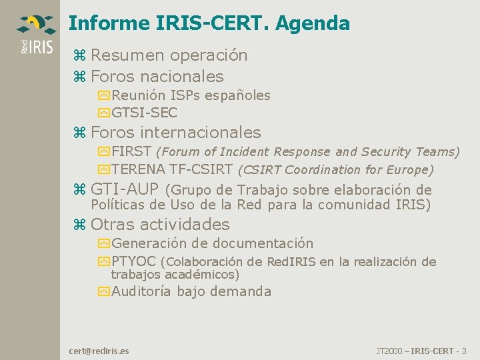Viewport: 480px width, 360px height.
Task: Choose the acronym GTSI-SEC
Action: coord(144,113)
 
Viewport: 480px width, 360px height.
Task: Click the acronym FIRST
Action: coord(131,151)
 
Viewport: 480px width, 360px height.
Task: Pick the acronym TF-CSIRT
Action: coord(201,169)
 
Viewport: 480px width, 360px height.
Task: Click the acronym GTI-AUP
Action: coord(125,189)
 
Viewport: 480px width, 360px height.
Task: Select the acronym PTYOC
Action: coord(133,261)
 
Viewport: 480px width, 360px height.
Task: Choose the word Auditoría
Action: coord(141,291)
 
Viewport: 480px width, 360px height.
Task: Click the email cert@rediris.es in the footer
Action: coord(99,350)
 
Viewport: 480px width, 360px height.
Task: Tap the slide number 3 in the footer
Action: coord(464,350)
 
